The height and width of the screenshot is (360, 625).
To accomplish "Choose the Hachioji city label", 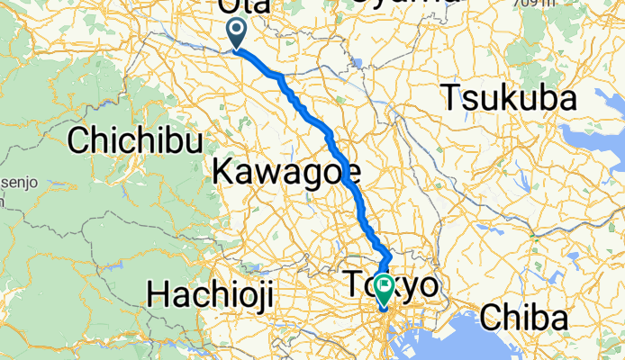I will (209, 294).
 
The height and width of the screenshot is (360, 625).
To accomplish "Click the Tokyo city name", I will (391, 286).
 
